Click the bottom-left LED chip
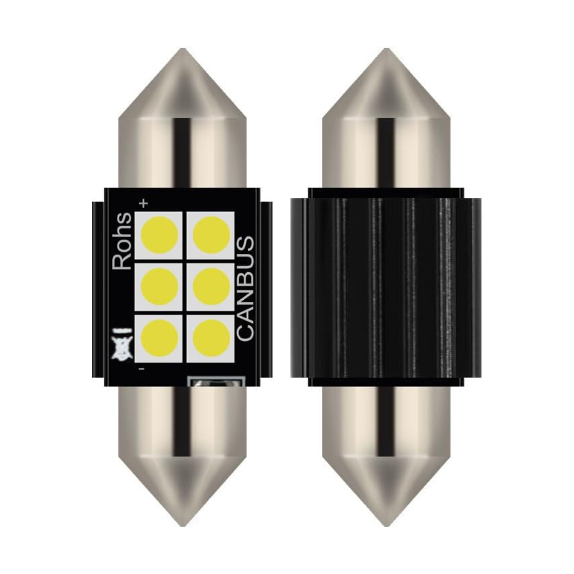coord(161,336)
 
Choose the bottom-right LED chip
coord(211,336)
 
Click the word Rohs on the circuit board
coord(122,241)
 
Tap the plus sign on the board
coord(143,203)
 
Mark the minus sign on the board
coord(141,369)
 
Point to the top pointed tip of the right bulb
coord(387,53)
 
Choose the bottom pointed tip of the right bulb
coord(387,521)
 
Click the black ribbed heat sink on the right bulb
coord(387,287)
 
